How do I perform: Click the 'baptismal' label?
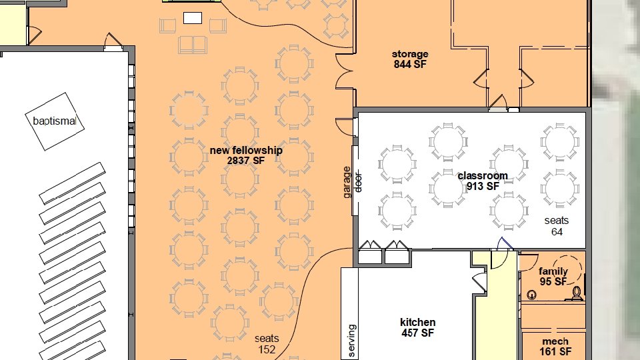point(54,121)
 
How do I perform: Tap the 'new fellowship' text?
point(246,150)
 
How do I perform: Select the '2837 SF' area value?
point(246,161)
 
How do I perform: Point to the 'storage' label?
point(410,54)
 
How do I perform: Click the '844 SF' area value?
point(410,64)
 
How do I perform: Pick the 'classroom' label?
point(483,176)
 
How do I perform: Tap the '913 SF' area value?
point(483,186)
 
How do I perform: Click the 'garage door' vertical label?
point(352,182)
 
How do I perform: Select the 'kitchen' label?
point(417,323)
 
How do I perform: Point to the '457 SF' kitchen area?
point(417,333)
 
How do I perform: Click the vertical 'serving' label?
point(352,341)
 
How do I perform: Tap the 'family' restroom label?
point(553,271)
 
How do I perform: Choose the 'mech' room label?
point(555,341)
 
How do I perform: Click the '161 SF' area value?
point(555,351)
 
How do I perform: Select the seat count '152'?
point(267,350)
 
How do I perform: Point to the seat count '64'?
point(557,232)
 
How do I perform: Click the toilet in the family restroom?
point(577,293)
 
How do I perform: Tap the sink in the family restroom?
point(531,295)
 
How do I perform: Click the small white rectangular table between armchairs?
point(193,18)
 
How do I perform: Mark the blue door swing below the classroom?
point(505,244)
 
